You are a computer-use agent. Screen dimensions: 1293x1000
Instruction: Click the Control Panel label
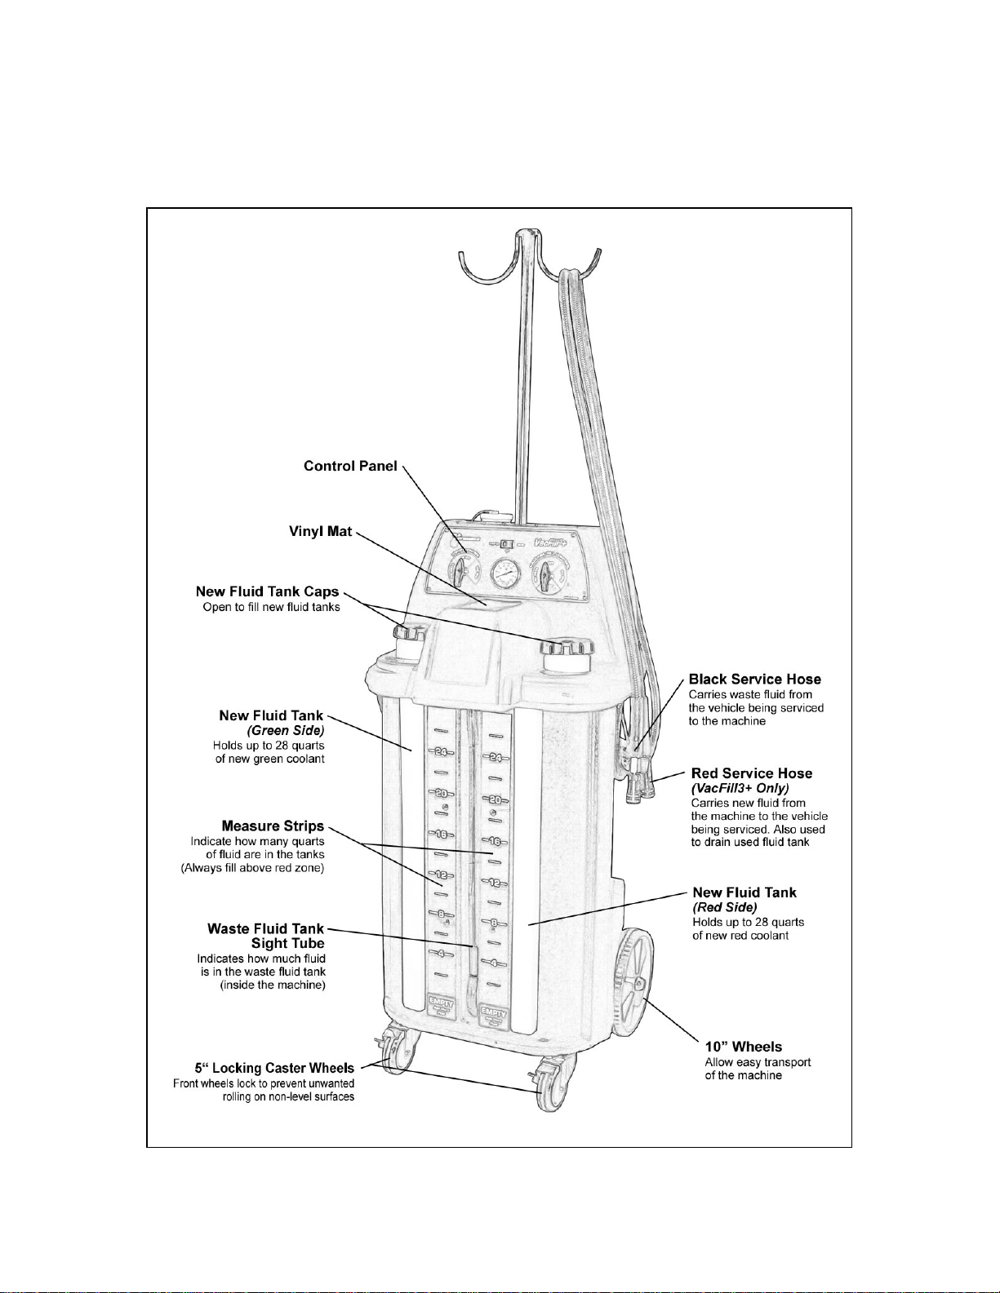click(x=350, y=467)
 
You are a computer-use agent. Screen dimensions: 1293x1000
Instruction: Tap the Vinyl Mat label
click(x=320, y=532)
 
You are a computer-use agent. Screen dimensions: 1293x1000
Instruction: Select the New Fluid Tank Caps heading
click(x=267, y=592)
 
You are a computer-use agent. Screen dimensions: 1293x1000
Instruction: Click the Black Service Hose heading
click(x=754, y=680)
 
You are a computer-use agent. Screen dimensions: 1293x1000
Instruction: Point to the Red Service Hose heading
click(x=751, y=773)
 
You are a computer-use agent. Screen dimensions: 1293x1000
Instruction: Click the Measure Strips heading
click(x=273, y=826)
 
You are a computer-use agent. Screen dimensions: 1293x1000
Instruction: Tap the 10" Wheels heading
click(x=743, y=1047)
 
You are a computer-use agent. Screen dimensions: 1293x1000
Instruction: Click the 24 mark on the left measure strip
click(x=440, y=752)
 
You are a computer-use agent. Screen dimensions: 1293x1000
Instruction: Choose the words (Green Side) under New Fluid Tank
click(x=285, y=731)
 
